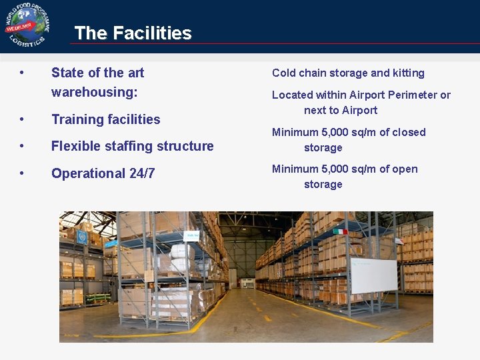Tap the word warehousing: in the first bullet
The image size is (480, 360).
click(95, 92)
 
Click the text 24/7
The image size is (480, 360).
click(142, 173)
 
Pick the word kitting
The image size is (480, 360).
click(409, 73)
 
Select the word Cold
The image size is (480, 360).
click(284, 73)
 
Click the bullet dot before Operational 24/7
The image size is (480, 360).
click(23, 173)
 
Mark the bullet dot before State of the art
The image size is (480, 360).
click(23, 72)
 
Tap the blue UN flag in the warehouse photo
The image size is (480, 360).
click(82, 237)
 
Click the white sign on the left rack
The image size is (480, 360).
click(193, 235)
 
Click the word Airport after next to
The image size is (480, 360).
click(359, 110)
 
